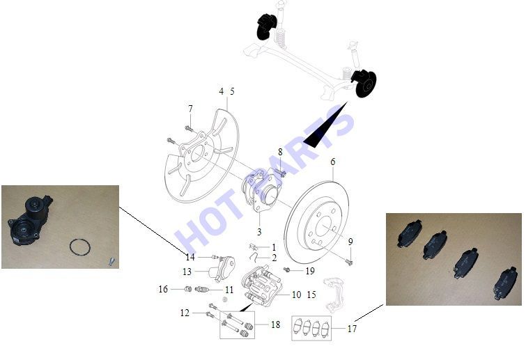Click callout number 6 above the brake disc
click(x=333, y=162)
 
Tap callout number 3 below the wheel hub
click(x=259, y=232)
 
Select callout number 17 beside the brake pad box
click(x=352, y=329)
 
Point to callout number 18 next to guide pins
click(x=275, y=324)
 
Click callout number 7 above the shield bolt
click(x=190, y=109)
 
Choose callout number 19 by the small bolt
click(x=310, y=271)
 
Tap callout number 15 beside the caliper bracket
click(x=311, y=295)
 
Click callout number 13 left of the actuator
click(x=187, y=272)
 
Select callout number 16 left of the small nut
click(x=163, y=289)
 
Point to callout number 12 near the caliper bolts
click(x=185, y=313)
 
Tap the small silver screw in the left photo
click(x=111, y=260)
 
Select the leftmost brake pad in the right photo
click(x=410, y=233)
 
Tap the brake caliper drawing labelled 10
click(x=263, y=285)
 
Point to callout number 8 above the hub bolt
click(x=280, y=152)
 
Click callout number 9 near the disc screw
click(x=350, y=242)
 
